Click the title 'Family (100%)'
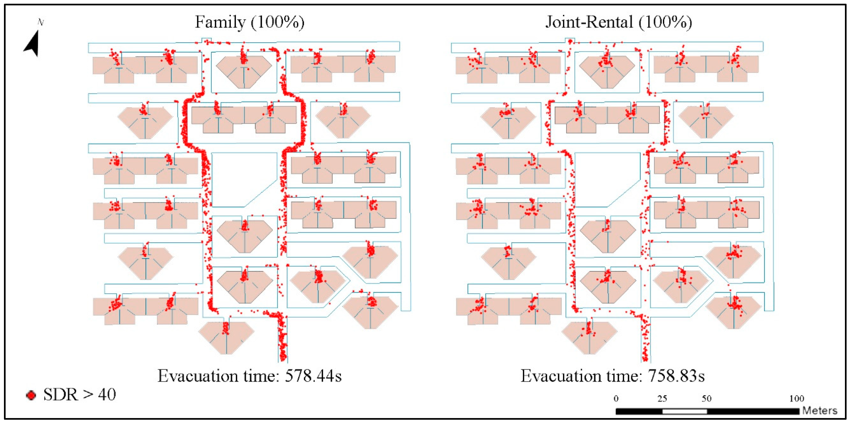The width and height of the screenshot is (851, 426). (249, 22)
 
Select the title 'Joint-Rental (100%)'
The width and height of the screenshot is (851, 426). (618, 22)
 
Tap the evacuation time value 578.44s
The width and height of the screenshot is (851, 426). (313, 376)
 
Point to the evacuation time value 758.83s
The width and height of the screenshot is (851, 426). (676, 376)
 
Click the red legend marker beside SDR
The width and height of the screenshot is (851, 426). (31, 395)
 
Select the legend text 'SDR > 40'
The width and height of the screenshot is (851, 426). (80, 394)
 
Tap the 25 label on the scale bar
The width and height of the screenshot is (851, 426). (662, 398)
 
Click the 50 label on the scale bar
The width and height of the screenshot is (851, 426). (707, 398)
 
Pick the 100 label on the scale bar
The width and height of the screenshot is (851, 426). (796, 398)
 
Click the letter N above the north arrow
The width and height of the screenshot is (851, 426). (41, 22)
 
